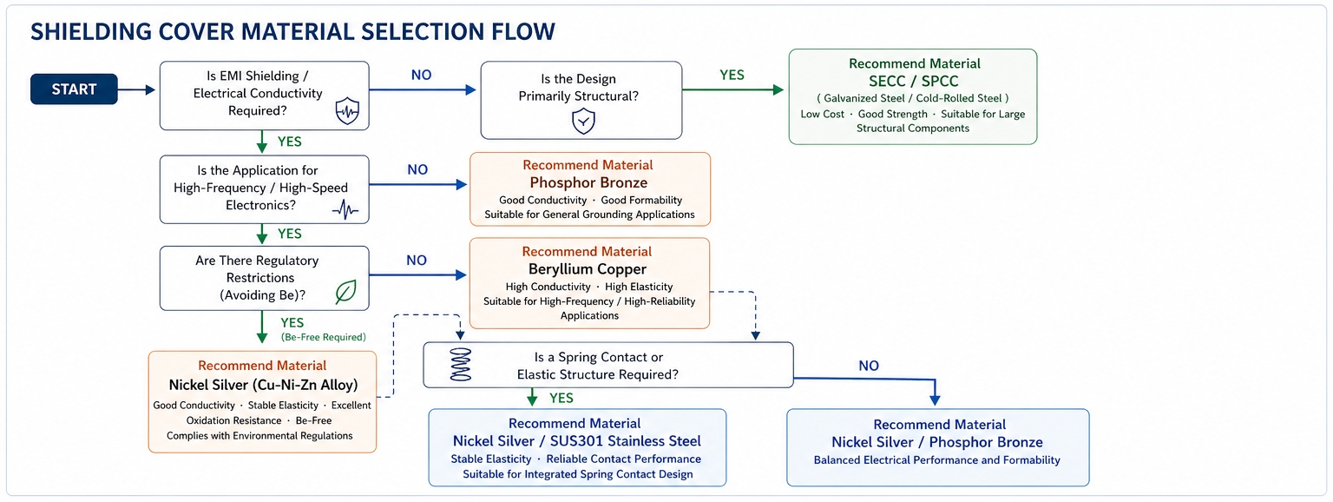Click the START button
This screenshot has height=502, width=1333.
pyautogui.click(x=74, y=89)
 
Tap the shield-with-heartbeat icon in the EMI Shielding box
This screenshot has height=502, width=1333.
pyautogui.click(x=347, y=111)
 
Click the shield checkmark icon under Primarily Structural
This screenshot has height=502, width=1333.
pyautogui.click(x=583, y=122)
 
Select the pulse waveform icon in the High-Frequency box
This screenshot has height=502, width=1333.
pyautogui.click(x=345, y=209)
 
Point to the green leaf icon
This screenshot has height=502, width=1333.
pyautogui.click(x=345, y=292)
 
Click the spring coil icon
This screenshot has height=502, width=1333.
pyautogui.click(x=460, y=365)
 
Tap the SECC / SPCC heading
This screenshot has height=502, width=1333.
pyautogui.click(x=914, y=81)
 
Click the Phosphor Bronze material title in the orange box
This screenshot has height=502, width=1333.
pyautogui.click(x=588, y=182)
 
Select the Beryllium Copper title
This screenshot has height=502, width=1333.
pyautogui.click(x=588, y=269)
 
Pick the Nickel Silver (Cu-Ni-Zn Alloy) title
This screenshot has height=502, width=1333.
pyautogui.click(x=263, y=385)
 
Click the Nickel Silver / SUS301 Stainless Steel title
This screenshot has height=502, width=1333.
pyautogui.click(x=576, y=441)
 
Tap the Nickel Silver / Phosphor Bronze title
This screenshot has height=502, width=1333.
pyautogui.click(x=937, y=442)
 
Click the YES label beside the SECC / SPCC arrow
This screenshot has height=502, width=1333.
pyautogui.click(x=732, y=75)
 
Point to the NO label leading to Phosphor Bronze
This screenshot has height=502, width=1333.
pyautogui.click(x=417, y=169)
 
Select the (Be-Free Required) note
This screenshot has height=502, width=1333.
pyautogui.click(x=324, y=337)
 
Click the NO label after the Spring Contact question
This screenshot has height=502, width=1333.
pyautogui.click(x=869, y=366)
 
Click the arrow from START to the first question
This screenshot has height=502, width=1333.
pyautogui.click(x=137, y=90)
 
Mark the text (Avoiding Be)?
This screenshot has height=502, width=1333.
pyautogui.click(x=262, y=294)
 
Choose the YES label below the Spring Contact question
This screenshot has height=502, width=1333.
pyautogui.click(x=561, y=398)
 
